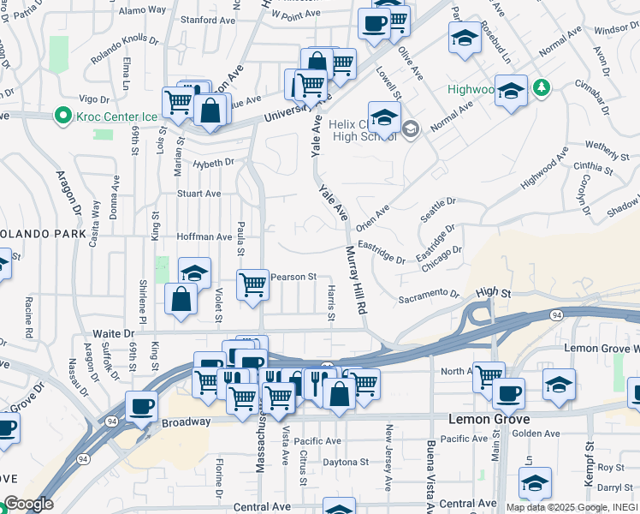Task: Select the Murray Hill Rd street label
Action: [x=356, y=281]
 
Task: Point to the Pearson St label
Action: [x=293, y=277]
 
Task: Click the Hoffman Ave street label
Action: [x=204, y=236]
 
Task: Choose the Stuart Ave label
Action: [x=199, y=194]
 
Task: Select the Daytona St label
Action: [x=345, y=461]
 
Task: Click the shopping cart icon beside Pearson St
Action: [x=252, y=284]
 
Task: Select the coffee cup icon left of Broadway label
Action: [x=142, y=406]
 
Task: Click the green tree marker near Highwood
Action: [x=540, y=87]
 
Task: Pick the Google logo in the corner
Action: [x=27, y=504]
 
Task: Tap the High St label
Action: [x=493, y=293]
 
